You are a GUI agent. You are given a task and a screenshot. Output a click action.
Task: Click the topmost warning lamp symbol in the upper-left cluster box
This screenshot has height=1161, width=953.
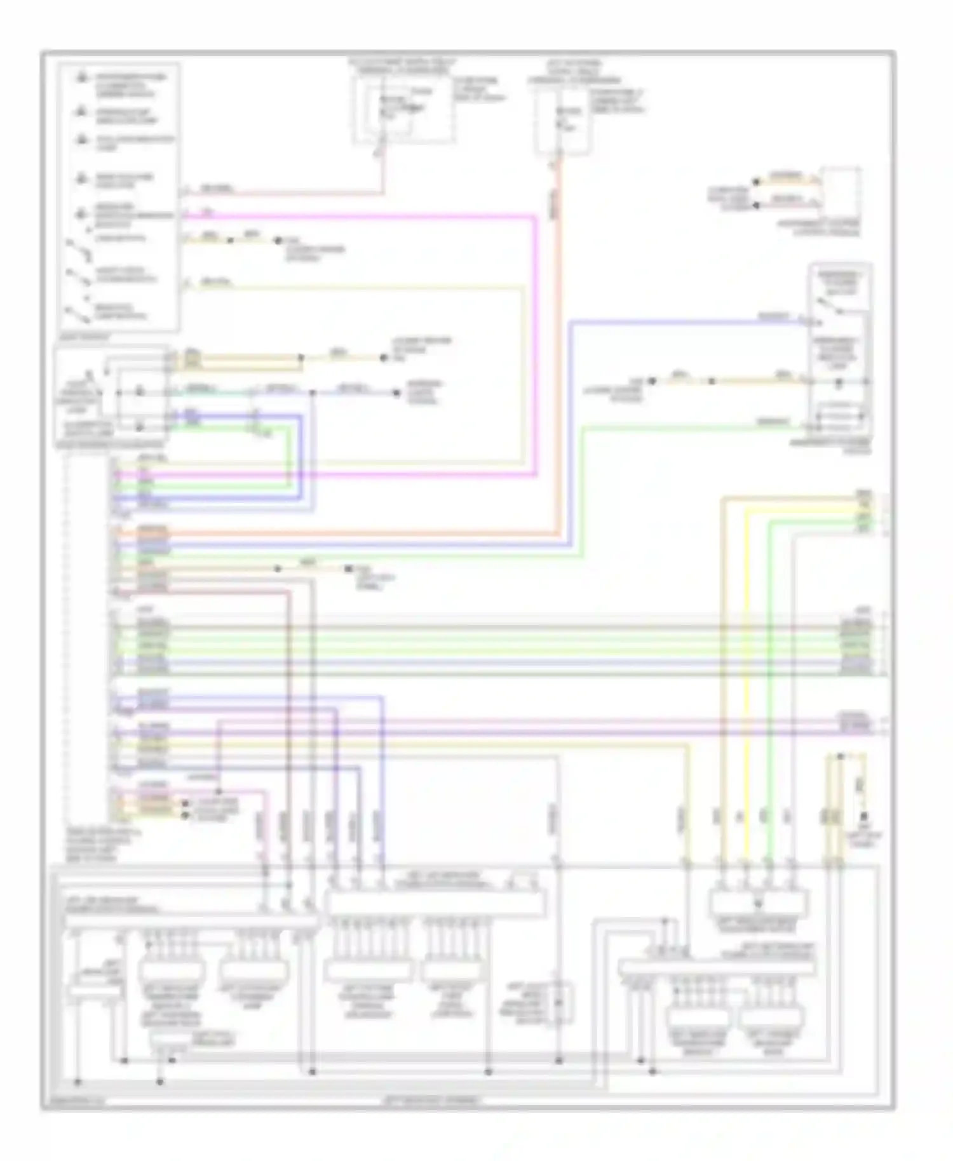coord(82,77)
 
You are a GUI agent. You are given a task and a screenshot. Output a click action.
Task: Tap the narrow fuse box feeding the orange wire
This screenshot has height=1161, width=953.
coord(561,121)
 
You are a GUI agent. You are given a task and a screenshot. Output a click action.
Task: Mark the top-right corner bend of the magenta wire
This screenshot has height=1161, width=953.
coord(536,217)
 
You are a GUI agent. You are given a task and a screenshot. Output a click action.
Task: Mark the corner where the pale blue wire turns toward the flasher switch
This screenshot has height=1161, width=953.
coord(571,323)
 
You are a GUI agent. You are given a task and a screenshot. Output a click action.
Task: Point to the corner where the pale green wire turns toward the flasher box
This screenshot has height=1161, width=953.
coord(583,427)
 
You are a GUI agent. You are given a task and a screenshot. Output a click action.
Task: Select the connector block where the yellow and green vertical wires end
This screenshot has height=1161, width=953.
coord(759,901)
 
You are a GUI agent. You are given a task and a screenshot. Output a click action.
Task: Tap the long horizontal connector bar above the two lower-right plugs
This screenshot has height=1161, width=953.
coord(717,969)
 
